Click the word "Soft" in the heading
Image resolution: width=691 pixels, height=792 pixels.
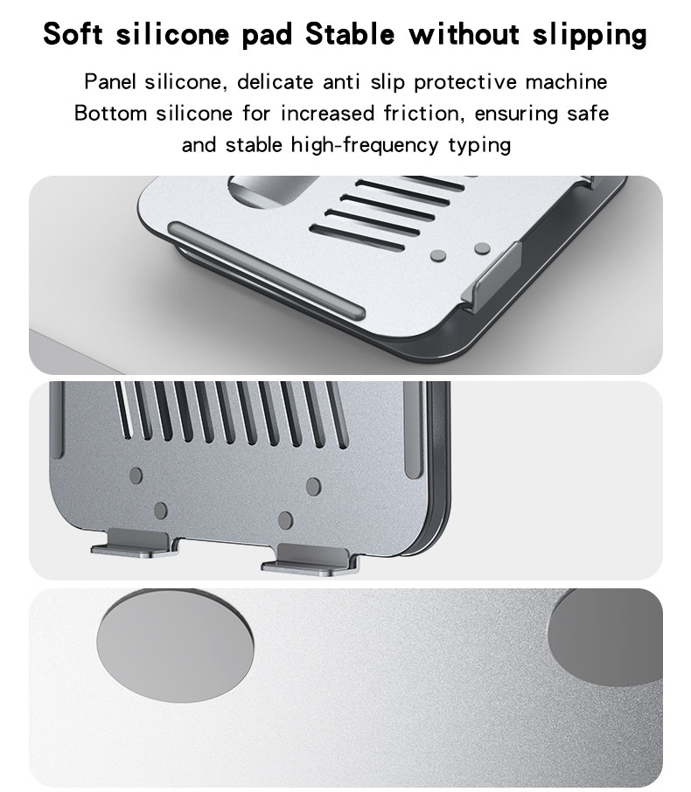point(73,34)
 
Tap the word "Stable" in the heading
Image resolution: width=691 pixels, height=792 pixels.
point(350,34)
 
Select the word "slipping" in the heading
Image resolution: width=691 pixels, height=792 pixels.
point(590,35)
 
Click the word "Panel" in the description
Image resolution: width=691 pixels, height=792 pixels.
point(110,82)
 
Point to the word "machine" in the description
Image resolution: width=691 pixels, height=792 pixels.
point(566,82)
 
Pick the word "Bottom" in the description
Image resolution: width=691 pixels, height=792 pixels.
point(111,113)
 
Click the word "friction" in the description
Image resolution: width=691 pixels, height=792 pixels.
point(423,113)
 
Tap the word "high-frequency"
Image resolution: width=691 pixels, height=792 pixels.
point(365,145)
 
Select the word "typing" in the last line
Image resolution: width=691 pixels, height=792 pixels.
point(479,145)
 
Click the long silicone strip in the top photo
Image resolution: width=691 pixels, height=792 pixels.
point(267,270)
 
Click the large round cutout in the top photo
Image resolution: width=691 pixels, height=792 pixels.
point(272,191)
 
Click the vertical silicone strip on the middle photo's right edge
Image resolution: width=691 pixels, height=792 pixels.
point(415,428)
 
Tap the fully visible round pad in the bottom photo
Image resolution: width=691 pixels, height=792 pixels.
point(175,645)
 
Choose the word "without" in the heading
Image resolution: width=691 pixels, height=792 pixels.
point(464,34)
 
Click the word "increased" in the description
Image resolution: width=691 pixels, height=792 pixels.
point(327,113)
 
